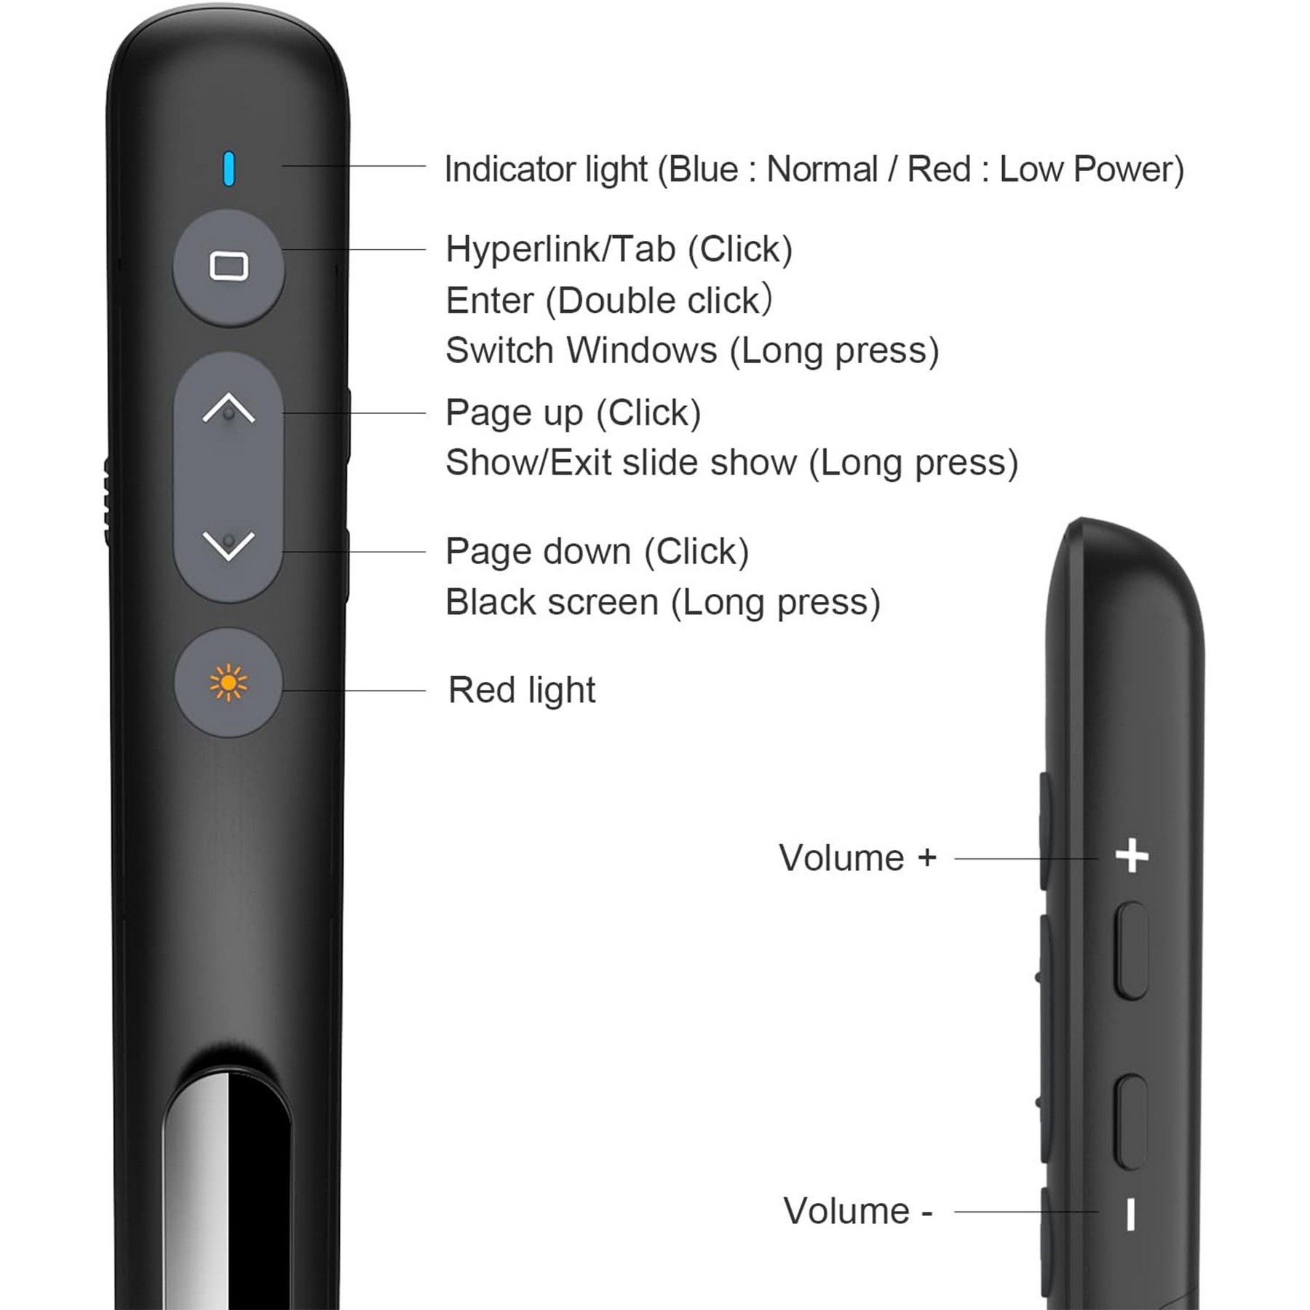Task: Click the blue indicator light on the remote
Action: [229, 169]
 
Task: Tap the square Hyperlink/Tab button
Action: [229, 267]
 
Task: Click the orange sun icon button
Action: [229, 683]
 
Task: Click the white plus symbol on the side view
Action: [1132, 855]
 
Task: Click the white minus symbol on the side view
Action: [1130, 1215]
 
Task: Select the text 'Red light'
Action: [522, 690]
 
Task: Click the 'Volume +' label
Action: [857, 858]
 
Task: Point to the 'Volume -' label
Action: [857, 1212]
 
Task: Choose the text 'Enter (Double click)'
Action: [609, 301]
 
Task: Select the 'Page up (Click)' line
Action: [573, 413]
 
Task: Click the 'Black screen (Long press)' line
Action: [663, 603]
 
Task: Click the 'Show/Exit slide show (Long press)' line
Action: [731, 463]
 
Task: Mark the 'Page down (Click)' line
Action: [598, 552]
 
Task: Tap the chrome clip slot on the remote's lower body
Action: [227, 1179]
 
